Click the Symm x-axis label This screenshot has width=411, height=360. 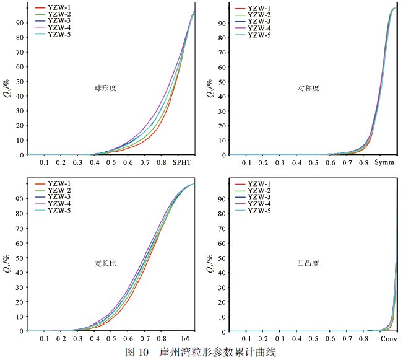coord(385,162)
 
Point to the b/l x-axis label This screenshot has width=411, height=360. coord(186,339)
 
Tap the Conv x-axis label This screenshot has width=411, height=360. coord(388,339)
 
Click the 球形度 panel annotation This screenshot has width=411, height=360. coord(105,88)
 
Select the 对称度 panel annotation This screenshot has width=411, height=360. coord(308,88)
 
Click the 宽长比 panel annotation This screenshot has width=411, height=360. coord(105,263)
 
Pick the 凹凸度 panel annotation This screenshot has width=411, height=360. coord(308,263)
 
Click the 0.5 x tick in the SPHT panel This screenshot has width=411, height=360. coord(111,162)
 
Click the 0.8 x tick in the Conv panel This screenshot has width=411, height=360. coord(364,339)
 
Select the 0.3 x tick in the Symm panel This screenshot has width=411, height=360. coord(280,162)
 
